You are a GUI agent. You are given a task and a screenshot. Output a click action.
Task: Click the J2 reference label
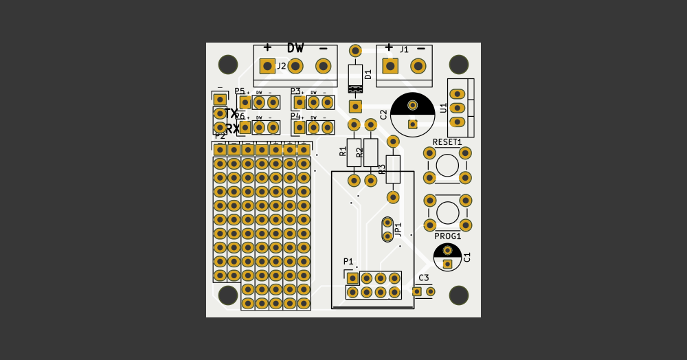[x=282, y=67]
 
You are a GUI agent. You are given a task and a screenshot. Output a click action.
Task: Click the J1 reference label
[x=404, y=49]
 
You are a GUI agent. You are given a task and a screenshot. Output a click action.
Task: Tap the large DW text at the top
[x=295, y=48]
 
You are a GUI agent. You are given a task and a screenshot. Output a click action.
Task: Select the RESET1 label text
[x=447, y=142]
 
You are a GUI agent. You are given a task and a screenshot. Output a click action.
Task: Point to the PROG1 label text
[x=448, y=236]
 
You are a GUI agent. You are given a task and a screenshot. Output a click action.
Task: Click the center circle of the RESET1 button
[x=447, y=166]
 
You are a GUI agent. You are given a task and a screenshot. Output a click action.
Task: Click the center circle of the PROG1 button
[x=448, y=212]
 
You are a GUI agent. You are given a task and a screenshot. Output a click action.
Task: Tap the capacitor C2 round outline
[x=412, y=115]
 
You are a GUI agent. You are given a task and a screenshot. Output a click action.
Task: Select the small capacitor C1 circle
[x=447, y=257]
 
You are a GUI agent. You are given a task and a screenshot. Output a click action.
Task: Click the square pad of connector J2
[x=267, y=66]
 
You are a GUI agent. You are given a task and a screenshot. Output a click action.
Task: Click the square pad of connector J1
[x=390, y=66]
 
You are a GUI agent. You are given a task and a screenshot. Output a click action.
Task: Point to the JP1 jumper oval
[x=387, y=229]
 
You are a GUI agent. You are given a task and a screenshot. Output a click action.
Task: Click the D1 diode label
[x=368, y=74]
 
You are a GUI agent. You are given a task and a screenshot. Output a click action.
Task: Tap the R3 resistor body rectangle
[x=393, y=169]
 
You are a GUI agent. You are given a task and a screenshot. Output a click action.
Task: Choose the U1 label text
[x=443, y=108]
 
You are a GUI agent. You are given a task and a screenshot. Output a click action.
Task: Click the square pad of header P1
[x=352, y=278]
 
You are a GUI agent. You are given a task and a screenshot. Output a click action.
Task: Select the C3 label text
[x=423, y=278]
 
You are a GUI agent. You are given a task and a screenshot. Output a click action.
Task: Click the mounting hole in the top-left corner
[x=228, y=65]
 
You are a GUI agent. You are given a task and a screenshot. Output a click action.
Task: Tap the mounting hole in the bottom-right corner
[x=459, y=295]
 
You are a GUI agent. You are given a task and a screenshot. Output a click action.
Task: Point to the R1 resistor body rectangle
[x=354, y=153]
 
